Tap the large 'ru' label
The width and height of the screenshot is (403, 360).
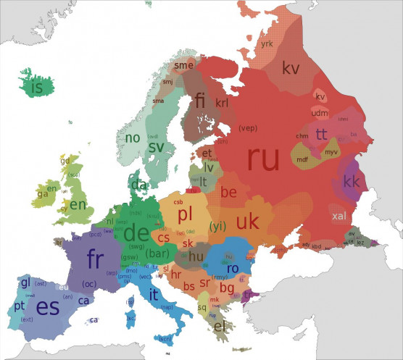tap(262, 159)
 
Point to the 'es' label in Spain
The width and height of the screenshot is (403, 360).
tap(47, 306)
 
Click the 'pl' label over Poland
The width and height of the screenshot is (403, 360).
tap(186, 214)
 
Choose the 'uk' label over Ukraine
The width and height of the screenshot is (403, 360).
tap(247, 220)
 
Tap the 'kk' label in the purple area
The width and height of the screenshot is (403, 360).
tap(352, 181)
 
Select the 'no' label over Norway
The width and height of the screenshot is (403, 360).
tap(133, 138)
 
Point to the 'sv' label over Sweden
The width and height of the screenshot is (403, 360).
tap(156, 147)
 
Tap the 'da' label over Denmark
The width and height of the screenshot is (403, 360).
tap(138, 185)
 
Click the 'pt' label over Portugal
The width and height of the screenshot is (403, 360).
tap(19, 307)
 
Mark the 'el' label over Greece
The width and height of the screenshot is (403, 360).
tap(220, 326)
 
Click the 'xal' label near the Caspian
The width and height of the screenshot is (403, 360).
tap(338, 216)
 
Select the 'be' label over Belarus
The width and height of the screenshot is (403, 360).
tap(228, 193)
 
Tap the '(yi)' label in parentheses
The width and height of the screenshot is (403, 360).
tap(217, 226)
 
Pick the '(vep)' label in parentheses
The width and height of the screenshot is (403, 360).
tap(247, 128)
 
